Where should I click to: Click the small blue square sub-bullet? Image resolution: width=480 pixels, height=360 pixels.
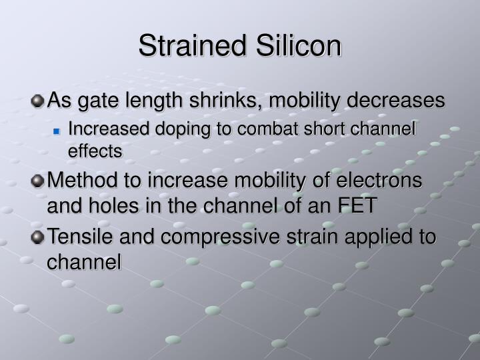click(x=57, y=131)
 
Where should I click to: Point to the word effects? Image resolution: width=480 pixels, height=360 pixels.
click(x=95, y=151)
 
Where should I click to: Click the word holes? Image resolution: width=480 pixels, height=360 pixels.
click(x=109, y=205)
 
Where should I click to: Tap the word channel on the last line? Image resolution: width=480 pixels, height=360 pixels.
click(x=84, y=262)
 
